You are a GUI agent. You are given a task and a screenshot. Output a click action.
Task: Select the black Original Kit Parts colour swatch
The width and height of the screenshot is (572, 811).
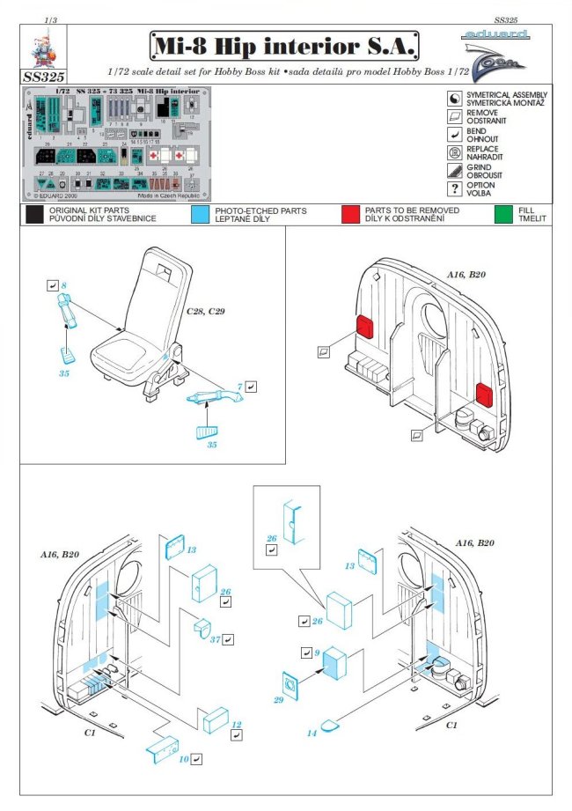click(34, 215)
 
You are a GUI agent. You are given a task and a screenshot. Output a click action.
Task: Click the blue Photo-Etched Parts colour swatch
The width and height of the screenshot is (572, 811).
click(200, 215)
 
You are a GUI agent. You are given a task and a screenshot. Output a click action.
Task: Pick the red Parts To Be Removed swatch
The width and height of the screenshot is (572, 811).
click(351, 215)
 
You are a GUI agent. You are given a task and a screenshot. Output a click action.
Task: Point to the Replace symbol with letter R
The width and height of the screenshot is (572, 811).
click(454, 151)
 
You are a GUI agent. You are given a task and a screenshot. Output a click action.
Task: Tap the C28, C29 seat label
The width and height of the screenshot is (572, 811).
click(206, 313)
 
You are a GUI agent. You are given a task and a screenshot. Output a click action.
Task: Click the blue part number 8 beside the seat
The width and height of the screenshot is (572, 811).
click(63, 286)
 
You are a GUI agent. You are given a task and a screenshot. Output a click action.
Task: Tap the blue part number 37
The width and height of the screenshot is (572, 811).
click(216, 639)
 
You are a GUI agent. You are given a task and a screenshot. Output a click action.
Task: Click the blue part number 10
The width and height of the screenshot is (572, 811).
click(183, 758)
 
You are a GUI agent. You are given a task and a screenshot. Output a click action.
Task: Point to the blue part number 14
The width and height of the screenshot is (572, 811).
click(311, 732)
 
